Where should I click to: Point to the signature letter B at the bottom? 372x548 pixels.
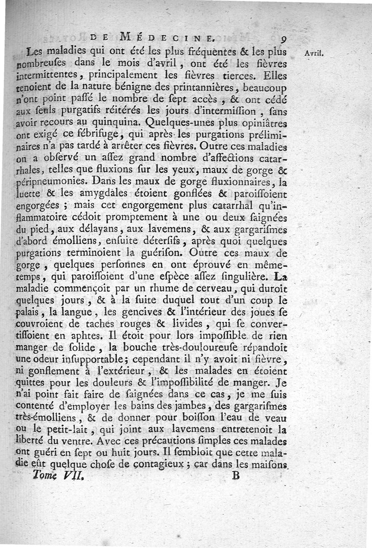coord(236,475)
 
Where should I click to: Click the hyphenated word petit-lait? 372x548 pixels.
coord(92,428)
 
